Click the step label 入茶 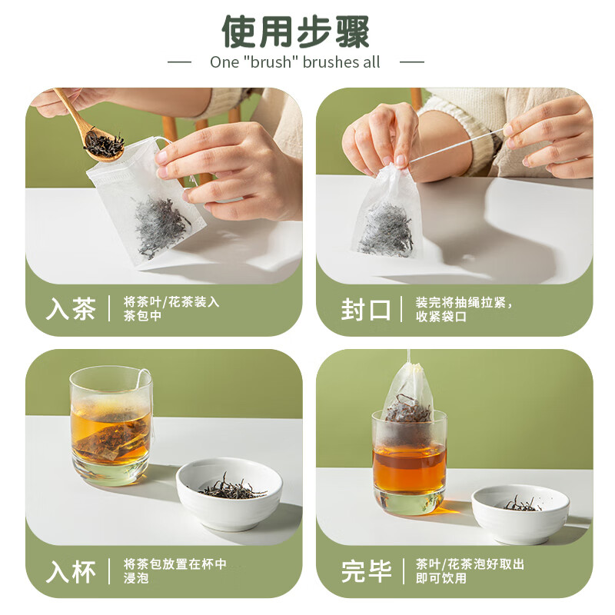[x=71, y=309]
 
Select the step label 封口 [x=365, y=309]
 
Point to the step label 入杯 [x=71, y=571]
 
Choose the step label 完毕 [x=365, y=571]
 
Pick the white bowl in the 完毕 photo [x=520, y=511]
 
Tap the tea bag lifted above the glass [x=407, y=395]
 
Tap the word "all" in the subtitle [x=371, y=62]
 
